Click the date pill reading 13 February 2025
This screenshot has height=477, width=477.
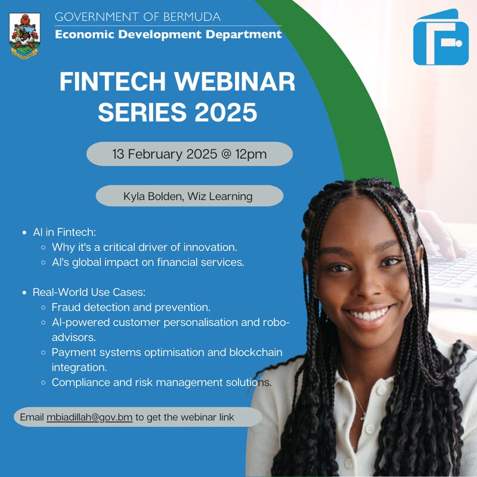click(x=189, y=154)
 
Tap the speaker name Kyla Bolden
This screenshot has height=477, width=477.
click(x=153, y=196)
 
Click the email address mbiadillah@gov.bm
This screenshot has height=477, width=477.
click(x=89, y=417)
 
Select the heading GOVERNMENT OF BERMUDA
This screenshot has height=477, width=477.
click(x=138, y=17)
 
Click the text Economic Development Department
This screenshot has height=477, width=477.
click(x=168, y=34)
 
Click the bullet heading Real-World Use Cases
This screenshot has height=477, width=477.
click(x=89, y=293)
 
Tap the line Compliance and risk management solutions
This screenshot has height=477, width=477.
click(x=162, y=382)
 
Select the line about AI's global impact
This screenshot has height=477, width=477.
click(x=148, y=262)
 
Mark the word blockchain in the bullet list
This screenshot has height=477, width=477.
click(x=256, y=352)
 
